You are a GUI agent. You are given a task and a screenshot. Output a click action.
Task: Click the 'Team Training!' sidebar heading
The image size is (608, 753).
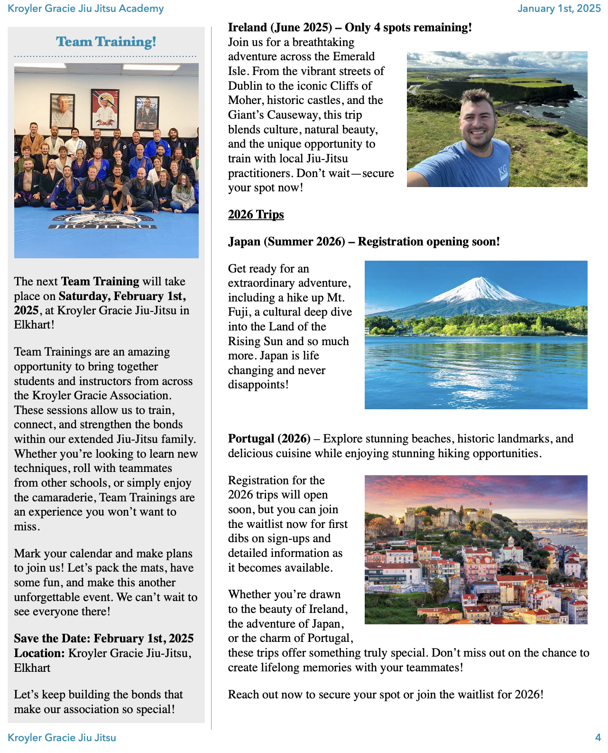(106, 42)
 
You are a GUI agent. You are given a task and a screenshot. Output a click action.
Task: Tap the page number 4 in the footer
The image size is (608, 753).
(598, 737)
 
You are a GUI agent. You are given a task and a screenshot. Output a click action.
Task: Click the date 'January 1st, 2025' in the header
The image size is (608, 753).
(559, 9)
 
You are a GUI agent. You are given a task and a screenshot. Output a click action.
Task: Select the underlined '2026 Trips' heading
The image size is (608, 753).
(256, 215)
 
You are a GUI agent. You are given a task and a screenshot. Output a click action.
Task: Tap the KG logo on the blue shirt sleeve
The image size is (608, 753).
(503, 172)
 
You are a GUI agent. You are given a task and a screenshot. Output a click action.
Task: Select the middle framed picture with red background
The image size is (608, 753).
(105, 109)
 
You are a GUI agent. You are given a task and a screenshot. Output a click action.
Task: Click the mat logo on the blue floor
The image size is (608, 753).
(104, 221)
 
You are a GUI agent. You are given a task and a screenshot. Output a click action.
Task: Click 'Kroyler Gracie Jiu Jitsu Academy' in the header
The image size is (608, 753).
(86, 9)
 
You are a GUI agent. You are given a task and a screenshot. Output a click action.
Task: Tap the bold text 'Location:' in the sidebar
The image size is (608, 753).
(39, 653)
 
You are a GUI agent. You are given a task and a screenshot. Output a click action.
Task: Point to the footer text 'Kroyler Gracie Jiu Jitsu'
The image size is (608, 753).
(62, 737)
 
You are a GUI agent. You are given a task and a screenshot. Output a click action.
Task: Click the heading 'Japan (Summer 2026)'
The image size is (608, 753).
(286, 242)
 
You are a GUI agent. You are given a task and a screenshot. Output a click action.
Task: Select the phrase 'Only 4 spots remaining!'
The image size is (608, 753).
(408, 28)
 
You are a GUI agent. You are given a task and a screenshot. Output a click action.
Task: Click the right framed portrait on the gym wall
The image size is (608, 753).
(147, 113)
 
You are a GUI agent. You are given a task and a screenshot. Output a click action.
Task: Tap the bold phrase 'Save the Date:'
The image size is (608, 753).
(52, 639)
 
